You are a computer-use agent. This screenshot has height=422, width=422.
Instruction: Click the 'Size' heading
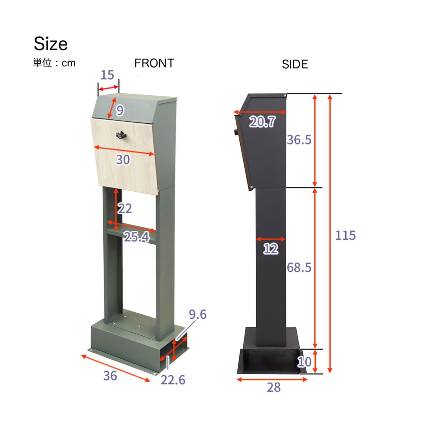(x=51, y=44)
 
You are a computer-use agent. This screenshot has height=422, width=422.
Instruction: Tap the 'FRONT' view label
(x=154, y=63)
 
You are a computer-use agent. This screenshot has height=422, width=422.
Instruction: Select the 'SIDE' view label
(x=295, y=64)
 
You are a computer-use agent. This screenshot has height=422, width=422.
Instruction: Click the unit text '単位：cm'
(x=54, y=63)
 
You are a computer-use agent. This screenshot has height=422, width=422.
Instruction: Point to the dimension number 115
(x=345, y=235)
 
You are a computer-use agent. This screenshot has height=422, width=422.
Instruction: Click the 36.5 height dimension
(x=299, y=140)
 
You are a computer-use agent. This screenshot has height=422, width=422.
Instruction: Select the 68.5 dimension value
(x=299, y=268)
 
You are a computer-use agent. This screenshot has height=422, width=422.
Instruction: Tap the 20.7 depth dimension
(x=262, y=122)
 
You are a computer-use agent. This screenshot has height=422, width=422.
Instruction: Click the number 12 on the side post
(x=271, y=249)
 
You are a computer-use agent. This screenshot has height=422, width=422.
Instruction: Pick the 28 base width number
(x=274, y=388)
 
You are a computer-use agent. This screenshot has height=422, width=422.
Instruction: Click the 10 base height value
(x=304, y=362)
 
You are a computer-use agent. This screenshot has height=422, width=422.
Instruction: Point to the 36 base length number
(x=110, y=376)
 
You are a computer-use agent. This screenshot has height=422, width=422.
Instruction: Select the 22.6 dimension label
(x=173, y=380)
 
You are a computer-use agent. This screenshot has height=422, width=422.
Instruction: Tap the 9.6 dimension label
(x=198, y=314)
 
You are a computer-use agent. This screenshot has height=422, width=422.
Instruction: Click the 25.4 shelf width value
(x=136, y=237)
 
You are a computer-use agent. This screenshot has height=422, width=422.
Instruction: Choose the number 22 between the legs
(x=125, y=209)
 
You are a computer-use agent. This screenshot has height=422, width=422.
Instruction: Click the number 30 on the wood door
(x=123, y=160)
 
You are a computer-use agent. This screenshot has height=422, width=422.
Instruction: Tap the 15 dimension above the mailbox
(x=107, y=75)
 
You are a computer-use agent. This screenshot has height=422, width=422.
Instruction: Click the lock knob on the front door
(x=121, y=134)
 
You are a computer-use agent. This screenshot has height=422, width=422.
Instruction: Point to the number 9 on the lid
(x=120, y=110)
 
